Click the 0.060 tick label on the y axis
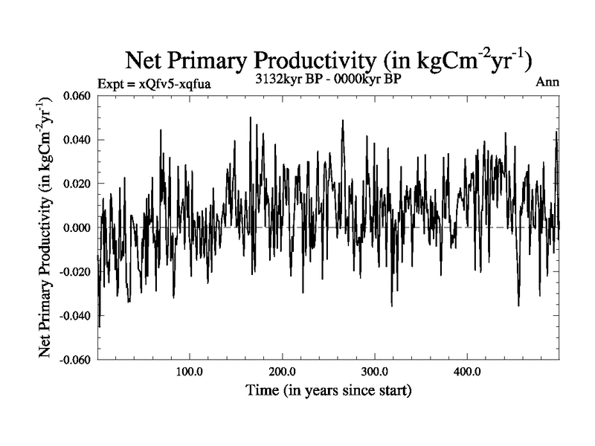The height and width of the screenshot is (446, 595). click(75, 96)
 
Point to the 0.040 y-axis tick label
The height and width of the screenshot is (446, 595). click(75, 140)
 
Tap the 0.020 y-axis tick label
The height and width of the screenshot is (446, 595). click(75, 184)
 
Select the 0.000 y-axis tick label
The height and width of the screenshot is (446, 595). click(75, 227)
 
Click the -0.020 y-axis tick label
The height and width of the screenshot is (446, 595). click(74, 271)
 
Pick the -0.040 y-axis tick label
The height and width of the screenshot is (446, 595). click(74, 315)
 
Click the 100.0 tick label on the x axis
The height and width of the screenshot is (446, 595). click(190, 371)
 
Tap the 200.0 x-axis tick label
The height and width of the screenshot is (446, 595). click(283, 371)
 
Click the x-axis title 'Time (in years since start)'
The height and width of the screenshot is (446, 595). click(329, 390)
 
